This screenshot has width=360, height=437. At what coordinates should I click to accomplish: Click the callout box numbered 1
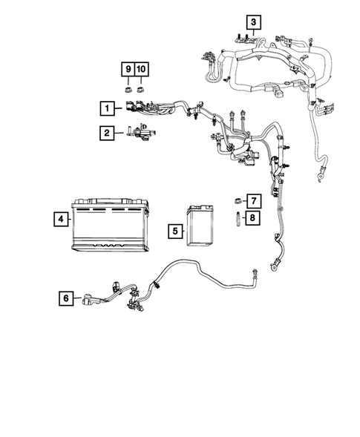point(108,108)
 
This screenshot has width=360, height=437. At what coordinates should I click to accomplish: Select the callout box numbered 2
point(108,133)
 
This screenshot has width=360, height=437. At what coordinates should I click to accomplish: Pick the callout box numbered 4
point(60,219)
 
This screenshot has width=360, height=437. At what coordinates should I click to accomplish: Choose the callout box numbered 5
point(175,231)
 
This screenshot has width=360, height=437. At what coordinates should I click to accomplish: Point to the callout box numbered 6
point(67,298)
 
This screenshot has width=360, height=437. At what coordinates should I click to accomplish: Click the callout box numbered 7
point(252,200)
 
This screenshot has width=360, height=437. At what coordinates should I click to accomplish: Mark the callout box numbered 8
point(252,217)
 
